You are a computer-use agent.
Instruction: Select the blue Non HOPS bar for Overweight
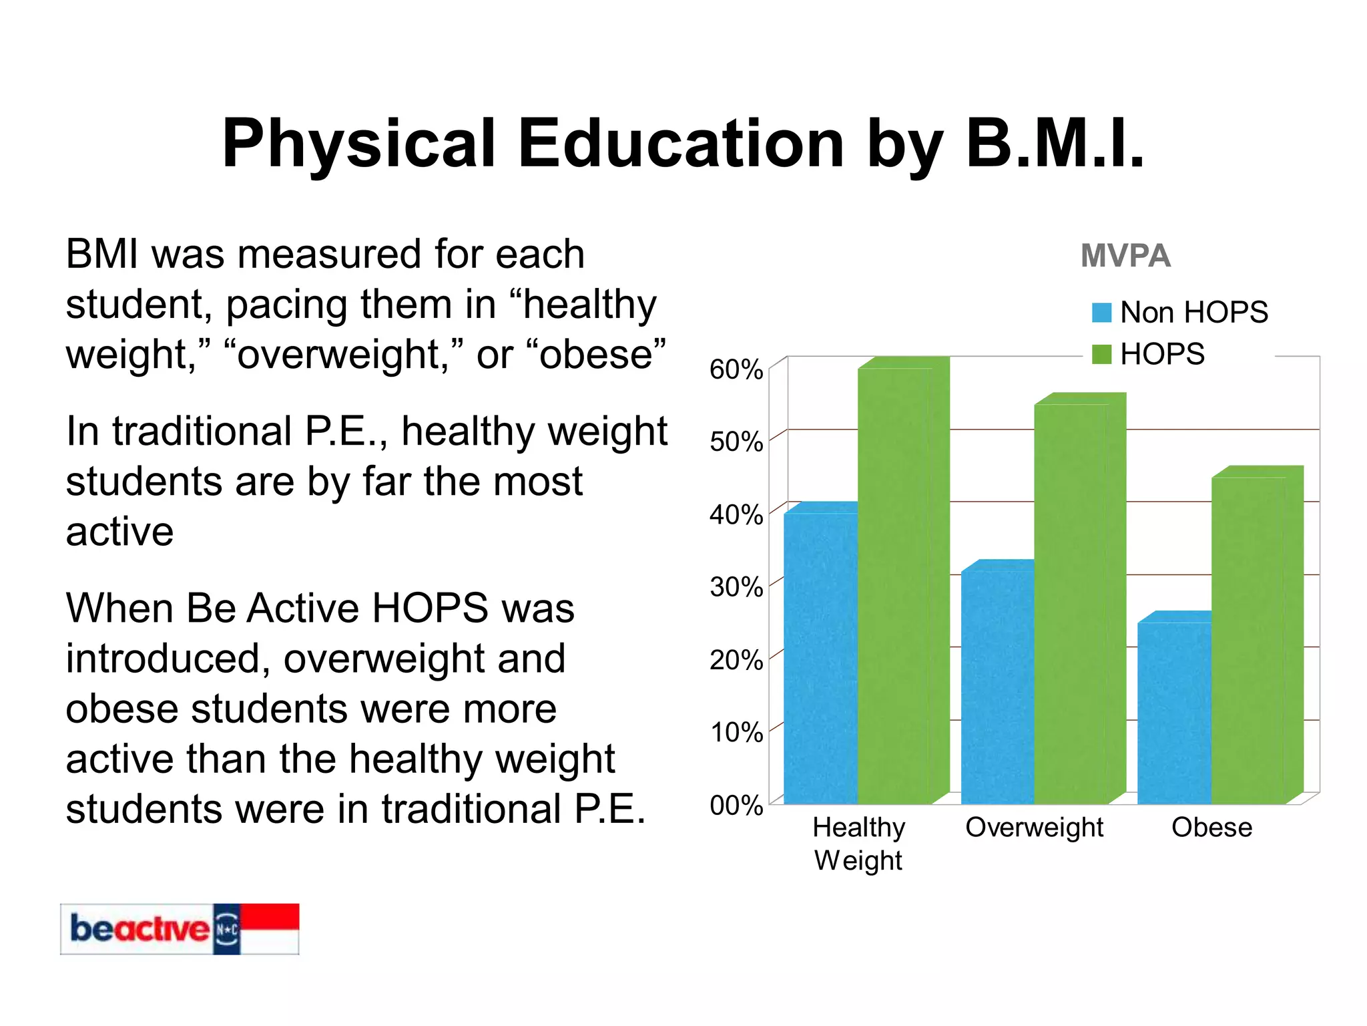[x=997, y=688]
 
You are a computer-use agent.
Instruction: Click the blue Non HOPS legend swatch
[x=1101, y=313]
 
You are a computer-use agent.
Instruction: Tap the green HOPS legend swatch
[x=1101, y=354]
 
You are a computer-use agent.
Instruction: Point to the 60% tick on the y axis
[x=736, y=369]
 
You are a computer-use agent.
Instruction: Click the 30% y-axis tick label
[x=736, y=587]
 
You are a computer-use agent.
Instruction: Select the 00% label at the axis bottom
[x=736, y=806]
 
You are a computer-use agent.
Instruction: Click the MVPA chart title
[x=1125, y=256]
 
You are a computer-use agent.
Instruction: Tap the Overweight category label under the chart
[x=1034, y=828]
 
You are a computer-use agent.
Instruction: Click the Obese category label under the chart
[x=1211, y=828]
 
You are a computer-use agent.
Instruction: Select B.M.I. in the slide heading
[x=1055, y=144]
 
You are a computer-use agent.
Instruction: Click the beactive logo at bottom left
[x=179, y=928]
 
